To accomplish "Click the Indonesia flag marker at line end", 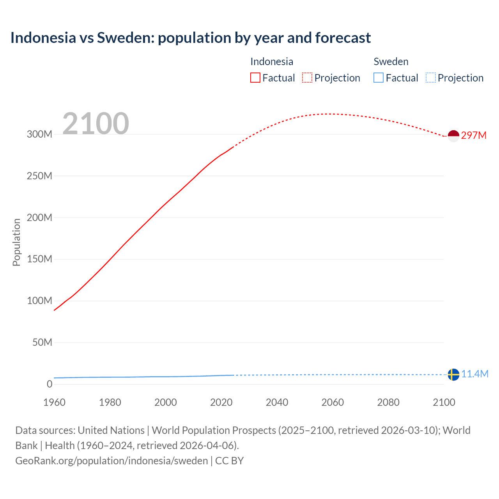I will point(453,136).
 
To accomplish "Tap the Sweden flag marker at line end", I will point(453,375).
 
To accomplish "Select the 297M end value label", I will point(474,135).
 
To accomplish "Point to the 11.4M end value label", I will point(474,374).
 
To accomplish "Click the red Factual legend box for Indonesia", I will point(255,78).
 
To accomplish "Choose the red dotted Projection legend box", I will point(307,78).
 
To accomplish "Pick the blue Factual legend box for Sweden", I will point(379,78).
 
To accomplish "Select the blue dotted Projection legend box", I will point(430,78).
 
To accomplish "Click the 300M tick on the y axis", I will point(39,134).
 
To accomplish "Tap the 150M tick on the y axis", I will point(39,259).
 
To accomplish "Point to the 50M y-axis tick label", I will point(42,342).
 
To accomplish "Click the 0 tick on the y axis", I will point(49,384).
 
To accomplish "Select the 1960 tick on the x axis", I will point(54,402).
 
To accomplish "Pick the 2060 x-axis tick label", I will point(333,402).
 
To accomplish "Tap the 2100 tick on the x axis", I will point(444,402).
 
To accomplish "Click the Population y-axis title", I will point(16,242).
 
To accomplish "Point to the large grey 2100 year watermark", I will point(96,124).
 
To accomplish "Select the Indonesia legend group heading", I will point(272,62).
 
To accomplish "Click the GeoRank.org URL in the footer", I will point(111,461).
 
